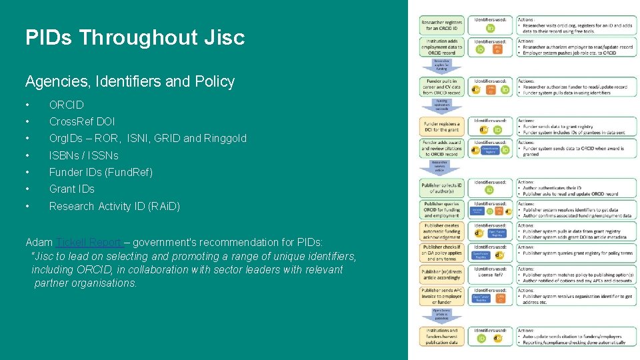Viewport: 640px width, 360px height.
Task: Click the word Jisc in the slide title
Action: click(x=223, y=37)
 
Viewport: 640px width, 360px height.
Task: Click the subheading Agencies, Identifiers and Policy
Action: click(x=130, y=81)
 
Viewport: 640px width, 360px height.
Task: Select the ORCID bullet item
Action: click(x=67, y=105)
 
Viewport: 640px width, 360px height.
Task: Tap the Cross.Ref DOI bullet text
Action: click(x=82, y=121)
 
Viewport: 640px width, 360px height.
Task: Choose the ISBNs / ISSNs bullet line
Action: click(x=83, y=155)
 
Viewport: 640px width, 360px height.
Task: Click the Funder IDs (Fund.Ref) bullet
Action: click(x=101, y=172)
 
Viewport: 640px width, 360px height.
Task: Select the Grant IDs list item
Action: click(x=72, y=189)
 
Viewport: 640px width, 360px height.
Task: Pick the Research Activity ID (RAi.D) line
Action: click(x=115, y=206)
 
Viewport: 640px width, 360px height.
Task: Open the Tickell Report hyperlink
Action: click(x=89, y=242)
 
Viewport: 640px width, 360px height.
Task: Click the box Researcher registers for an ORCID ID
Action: click(x=443, y=25)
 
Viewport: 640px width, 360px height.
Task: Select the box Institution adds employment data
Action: click(x=443, y=47)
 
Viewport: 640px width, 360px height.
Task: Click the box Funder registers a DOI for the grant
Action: click(x=443, y=126)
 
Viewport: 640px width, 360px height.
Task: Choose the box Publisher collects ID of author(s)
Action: click(x=443, y=188)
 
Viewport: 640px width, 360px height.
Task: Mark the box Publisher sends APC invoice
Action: click(x=443, y=296)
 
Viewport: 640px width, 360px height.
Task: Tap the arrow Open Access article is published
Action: click(x=442, y=315)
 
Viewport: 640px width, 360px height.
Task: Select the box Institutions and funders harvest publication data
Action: click(x=443, y=335)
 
